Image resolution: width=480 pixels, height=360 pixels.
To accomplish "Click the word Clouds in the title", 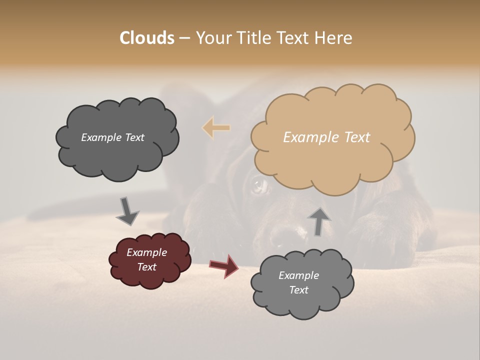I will point(147,38).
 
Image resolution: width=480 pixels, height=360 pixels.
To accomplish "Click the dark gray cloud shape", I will point(117,155).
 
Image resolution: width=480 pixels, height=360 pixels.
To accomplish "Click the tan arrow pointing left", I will point(216,128).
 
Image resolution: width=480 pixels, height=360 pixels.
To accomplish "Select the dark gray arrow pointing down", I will point(127,211).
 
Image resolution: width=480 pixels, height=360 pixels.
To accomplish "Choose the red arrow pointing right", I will point(224,266).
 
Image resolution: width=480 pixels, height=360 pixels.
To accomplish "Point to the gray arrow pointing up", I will point(318,221).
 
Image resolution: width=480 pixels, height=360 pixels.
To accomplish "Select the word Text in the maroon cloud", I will point(146,267).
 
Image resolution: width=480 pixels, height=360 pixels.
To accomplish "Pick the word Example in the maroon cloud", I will point(146,252).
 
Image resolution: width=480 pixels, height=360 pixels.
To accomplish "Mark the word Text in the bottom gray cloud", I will point(298,290).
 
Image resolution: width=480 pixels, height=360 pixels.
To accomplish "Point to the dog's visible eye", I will point(259,186).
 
